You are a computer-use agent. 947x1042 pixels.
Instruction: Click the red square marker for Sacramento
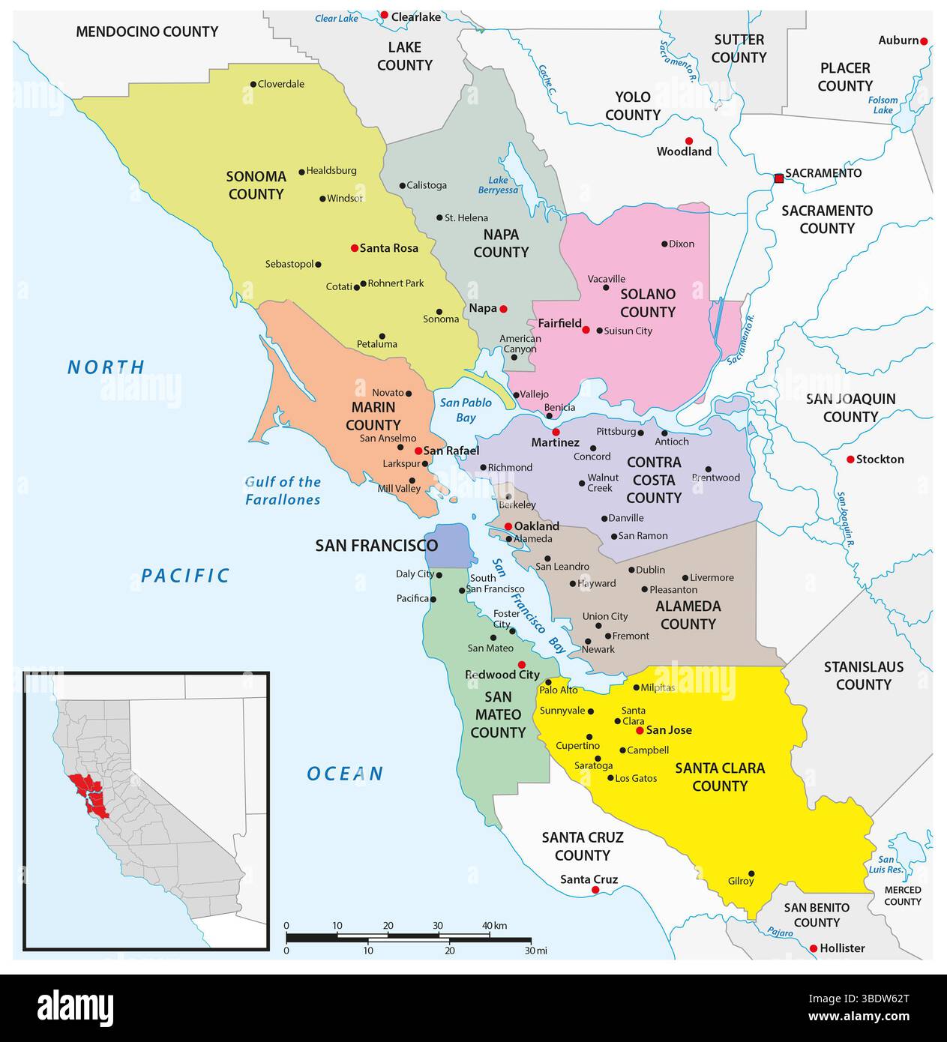coord(778,178)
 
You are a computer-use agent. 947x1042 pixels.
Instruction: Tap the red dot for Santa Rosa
coord(354,247)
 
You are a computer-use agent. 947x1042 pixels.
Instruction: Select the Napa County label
coord(501,244)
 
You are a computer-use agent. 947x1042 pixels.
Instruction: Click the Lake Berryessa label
coord(498,185)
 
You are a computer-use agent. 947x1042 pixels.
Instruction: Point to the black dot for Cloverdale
coord(253,84)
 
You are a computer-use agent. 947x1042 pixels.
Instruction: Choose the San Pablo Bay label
coord(466,410)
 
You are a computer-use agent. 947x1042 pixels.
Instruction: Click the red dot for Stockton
coord(850,459)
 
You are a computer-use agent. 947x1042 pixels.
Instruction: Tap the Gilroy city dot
coord(751,873)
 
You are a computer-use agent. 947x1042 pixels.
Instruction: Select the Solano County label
coord(647,303)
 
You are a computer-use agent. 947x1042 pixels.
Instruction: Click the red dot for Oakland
coord(508,526)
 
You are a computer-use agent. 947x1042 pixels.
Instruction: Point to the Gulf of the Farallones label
coord(283,491)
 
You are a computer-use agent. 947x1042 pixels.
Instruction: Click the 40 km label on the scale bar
coord(494,926)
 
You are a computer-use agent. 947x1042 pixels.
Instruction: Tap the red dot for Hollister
coord(814,948)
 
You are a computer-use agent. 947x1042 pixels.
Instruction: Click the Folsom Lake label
coord(883,105)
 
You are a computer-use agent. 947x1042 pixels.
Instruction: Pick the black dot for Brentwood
coord(708,469)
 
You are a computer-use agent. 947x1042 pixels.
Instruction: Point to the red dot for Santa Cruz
coord(595,890)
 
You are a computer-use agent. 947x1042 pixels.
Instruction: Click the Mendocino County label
coord(147,31)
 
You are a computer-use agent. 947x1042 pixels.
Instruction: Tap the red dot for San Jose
coord(639,730)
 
